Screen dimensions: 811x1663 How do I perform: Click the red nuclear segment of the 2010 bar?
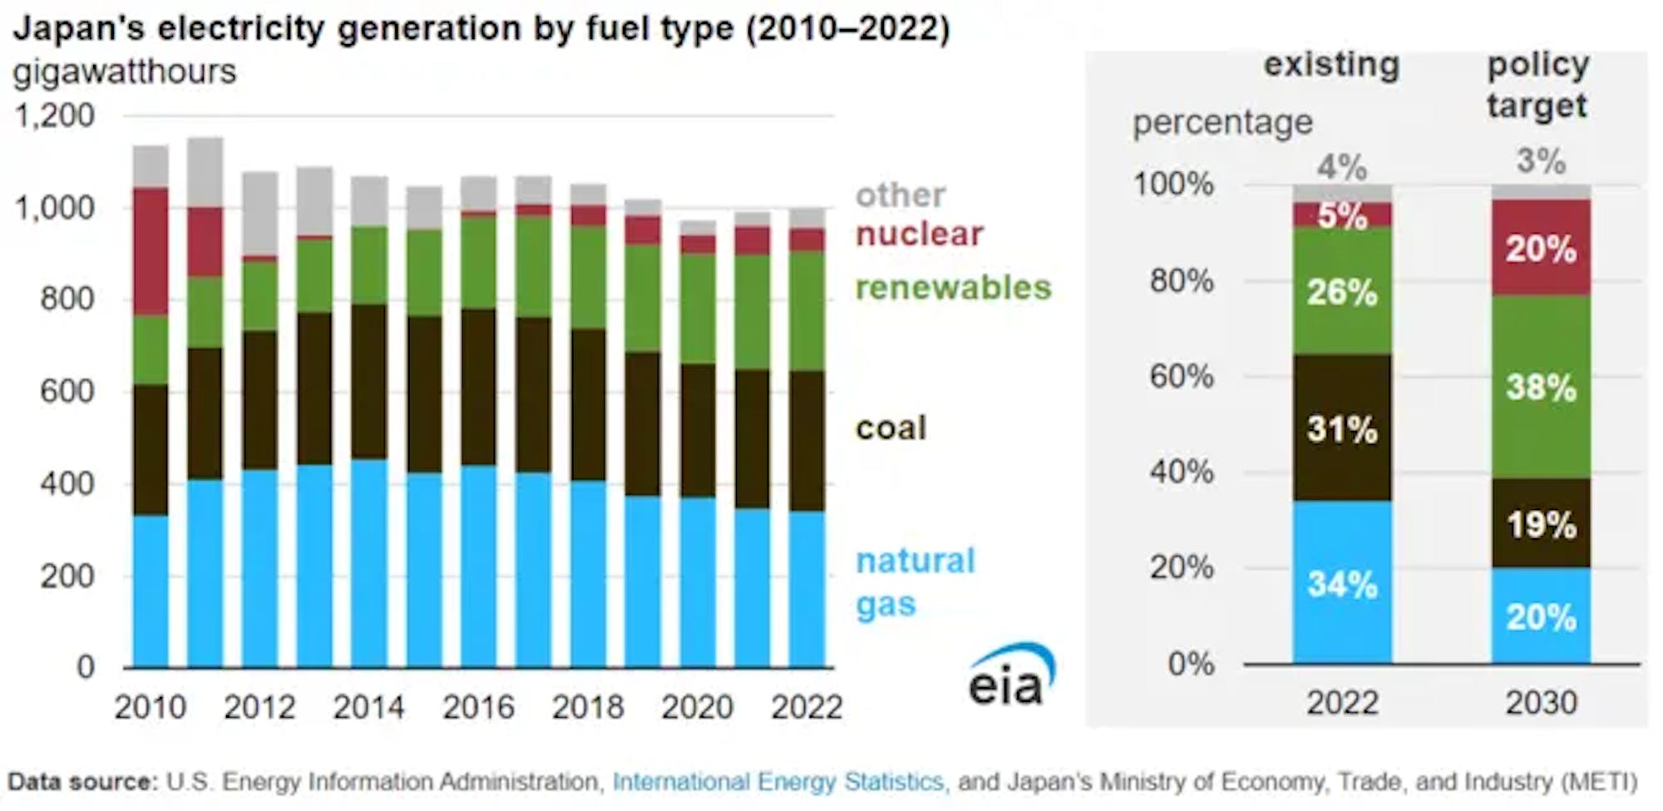[151, 251]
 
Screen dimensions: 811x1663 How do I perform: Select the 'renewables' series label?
[953, 288]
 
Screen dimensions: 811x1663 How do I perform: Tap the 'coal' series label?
[891, 428]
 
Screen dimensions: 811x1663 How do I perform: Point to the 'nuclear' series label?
[920, 234]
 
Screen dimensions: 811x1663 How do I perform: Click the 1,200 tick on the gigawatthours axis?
[55, 115]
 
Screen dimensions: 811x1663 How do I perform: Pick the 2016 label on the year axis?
[478, 707]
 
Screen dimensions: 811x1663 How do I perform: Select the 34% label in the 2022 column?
[1342, 584]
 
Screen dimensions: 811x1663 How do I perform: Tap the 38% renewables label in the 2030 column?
[1541, 388]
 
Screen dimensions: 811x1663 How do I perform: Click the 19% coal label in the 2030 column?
[1541, 525]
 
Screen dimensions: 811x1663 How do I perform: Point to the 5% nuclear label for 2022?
[1342, 216]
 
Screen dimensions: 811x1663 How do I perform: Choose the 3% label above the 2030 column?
[1541, 161]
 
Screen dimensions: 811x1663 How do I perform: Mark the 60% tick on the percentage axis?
[1182, 377]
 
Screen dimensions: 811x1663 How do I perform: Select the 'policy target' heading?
[1538, 85]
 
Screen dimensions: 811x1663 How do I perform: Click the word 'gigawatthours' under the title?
[125, 72]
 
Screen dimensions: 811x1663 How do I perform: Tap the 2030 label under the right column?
[1541, 703]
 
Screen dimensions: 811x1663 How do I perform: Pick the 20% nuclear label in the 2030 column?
[1541, 249]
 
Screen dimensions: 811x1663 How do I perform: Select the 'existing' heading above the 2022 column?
[1331, 64]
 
